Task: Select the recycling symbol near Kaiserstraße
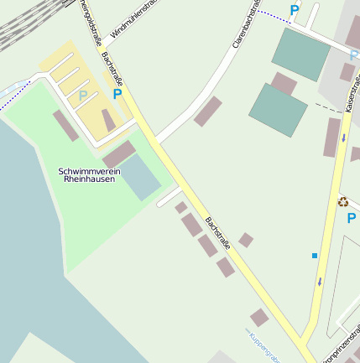pos(342,200)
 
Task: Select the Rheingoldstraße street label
pos(86,21)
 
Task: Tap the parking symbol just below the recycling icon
pos(351,218)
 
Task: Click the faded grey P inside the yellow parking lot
pos(82,96)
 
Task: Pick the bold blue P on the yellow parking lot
pos(117,94)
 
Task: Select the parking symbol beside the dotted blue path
pos(294,11)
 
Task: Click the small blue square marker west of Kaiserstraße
pos(315,255)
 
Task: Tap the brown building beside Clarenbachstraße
pos(207,111)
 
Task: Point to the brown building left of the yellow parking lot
pos(65,126)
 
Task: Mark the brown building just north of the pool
pos(118,153)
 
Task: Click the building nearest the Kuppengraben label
pos(259,318)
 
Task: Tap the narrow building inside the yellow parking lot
pos(108,120)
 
